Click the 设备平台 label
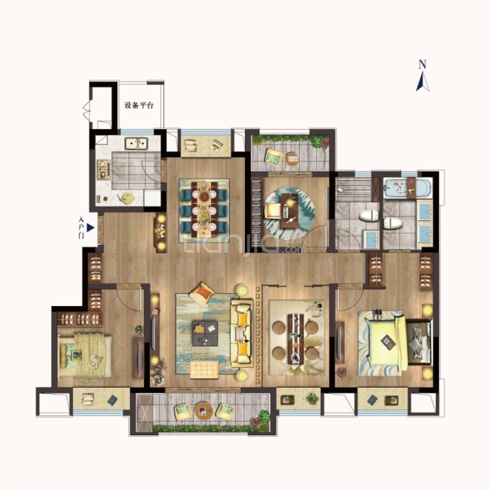[139, 105]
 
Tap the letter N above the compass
[423, 65]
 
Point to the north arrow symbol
[423, 81]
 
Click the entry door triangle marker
[90, 228]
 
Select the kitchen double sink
[136, 143]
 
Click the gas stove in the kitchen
[104, 170]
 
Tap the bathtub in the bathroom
[408, 187]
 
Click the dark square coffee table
[205, 334]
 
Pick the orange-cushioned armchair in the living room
[202, 293]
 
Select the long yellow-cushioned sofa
[242, 333]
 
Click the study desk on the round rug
[290, 211]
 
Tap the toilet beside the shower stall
[369, 215]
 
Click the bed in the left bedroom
[85, 356]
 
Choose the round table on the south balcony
[203, 410]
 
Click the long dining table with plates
[205, 209]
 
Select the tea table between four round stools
[295, 339]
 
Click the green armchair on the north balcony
[273, 156]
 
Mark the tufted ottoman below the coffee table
[205, 370]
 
